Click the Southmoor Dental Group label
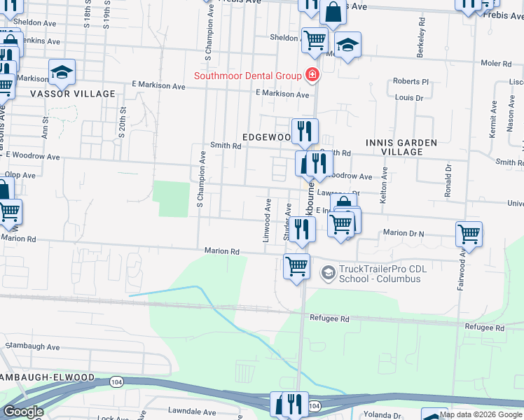tap(247, 76)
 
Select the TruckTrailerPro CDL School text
tap(380, 274)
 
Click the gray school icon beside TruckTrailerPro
tap(326, 272)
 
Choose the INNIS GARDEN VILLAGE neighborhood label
tap(401, 147)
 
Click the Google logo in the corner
tap(24, 412)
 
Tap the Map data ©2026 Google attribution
tap(481, 414)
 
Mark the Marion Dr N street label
tap(404, 232)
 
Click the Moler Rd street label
tap(496, 63)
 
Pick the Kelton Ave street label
tap(384, 181)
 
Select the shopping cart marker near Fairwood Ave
tap(468, 234)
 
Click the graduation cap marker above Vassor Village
tap(62, 71)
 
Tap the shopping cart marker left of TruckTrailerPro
tap(296, 267)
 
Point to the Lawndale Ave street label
tap(192, 412)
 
